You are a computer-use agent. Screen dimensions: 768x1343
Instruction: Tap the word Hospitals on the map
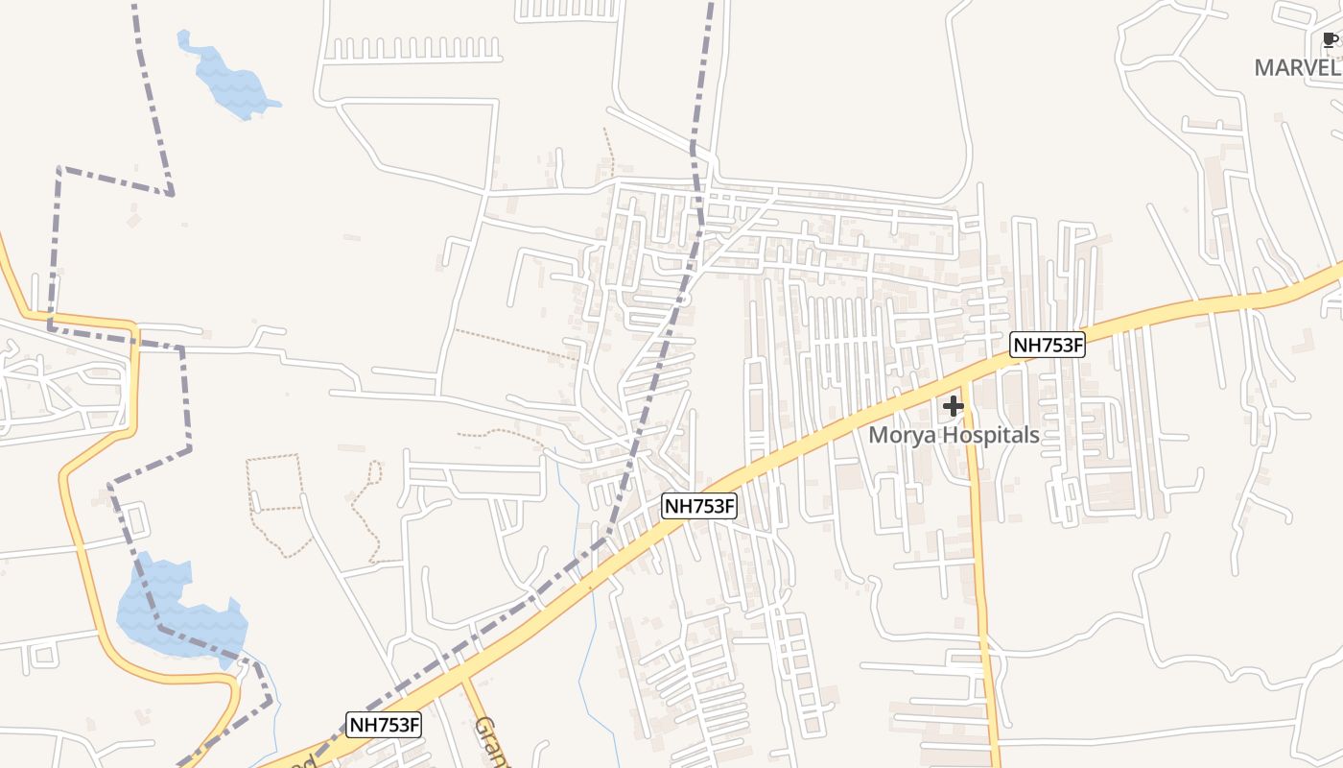tap(989, 435)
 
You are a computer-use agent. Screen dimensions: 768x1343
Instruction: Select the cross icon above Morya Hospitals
tap(953, 407)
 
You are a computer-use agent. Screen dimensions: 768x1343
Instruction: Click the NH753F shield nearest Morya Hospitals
tap(1047, 346)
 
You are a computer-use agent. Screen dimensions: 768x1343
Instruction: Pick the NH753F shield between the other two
tap(699, 506)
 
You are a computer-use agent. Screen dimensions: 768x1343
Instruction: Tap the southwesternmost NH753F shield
tap(384, 725)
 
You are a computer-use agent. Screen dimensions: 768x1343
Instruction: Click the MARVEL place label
tap(1297, 68)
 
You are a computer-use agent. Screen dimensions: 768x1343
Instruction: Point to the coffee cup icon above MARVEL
tap(1330, 39)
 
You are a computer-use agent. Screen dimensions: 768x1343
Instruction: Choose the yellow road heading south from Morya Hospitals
tap(980, 576)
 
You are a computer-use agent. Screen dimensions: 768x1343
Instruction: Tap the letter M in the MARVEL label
tap(1265, 68)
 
